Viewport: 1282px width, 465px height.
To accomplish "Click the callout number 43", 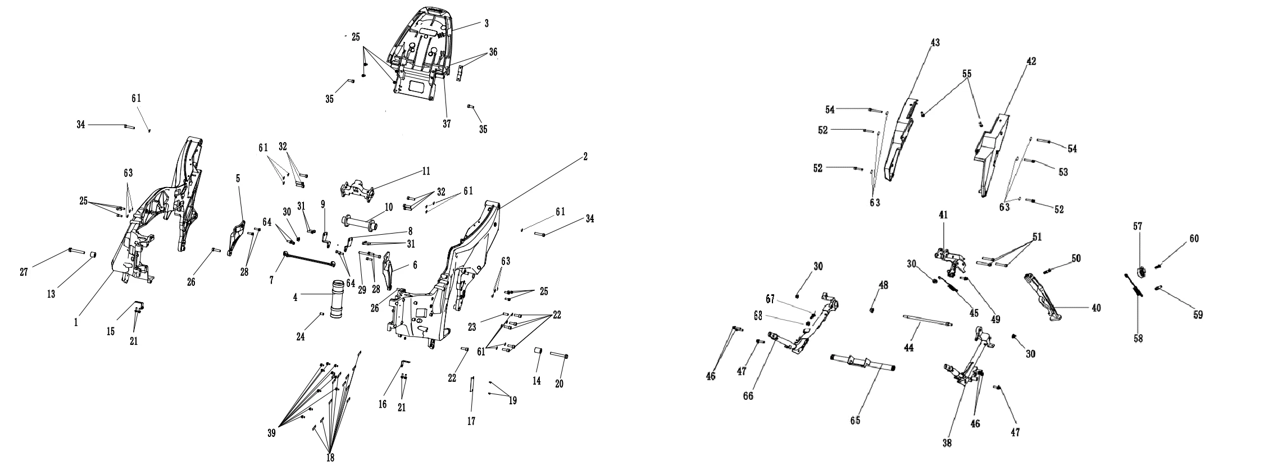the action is click(x=935, y=43).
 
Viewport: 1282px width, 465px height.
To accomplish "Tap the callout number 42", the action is click(x=1031, y=61).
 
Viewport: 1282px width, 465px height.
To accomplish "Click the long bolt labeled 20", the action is click(x=558, y=355).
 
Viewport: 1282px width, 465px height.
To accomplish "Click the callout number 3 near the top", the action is click(x=487, y=24).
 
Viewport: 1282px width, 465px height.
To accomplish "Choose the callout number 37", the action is click(x=447, y=124).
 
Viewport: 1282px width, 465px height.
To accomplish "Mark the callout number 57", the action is click(x=1138, y=226).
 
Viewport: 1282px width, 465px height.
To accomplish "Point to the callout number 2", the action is click(x=585, y=157).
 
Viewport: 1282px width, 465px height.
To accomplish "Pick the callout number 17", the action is click(x=472, y=421).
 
